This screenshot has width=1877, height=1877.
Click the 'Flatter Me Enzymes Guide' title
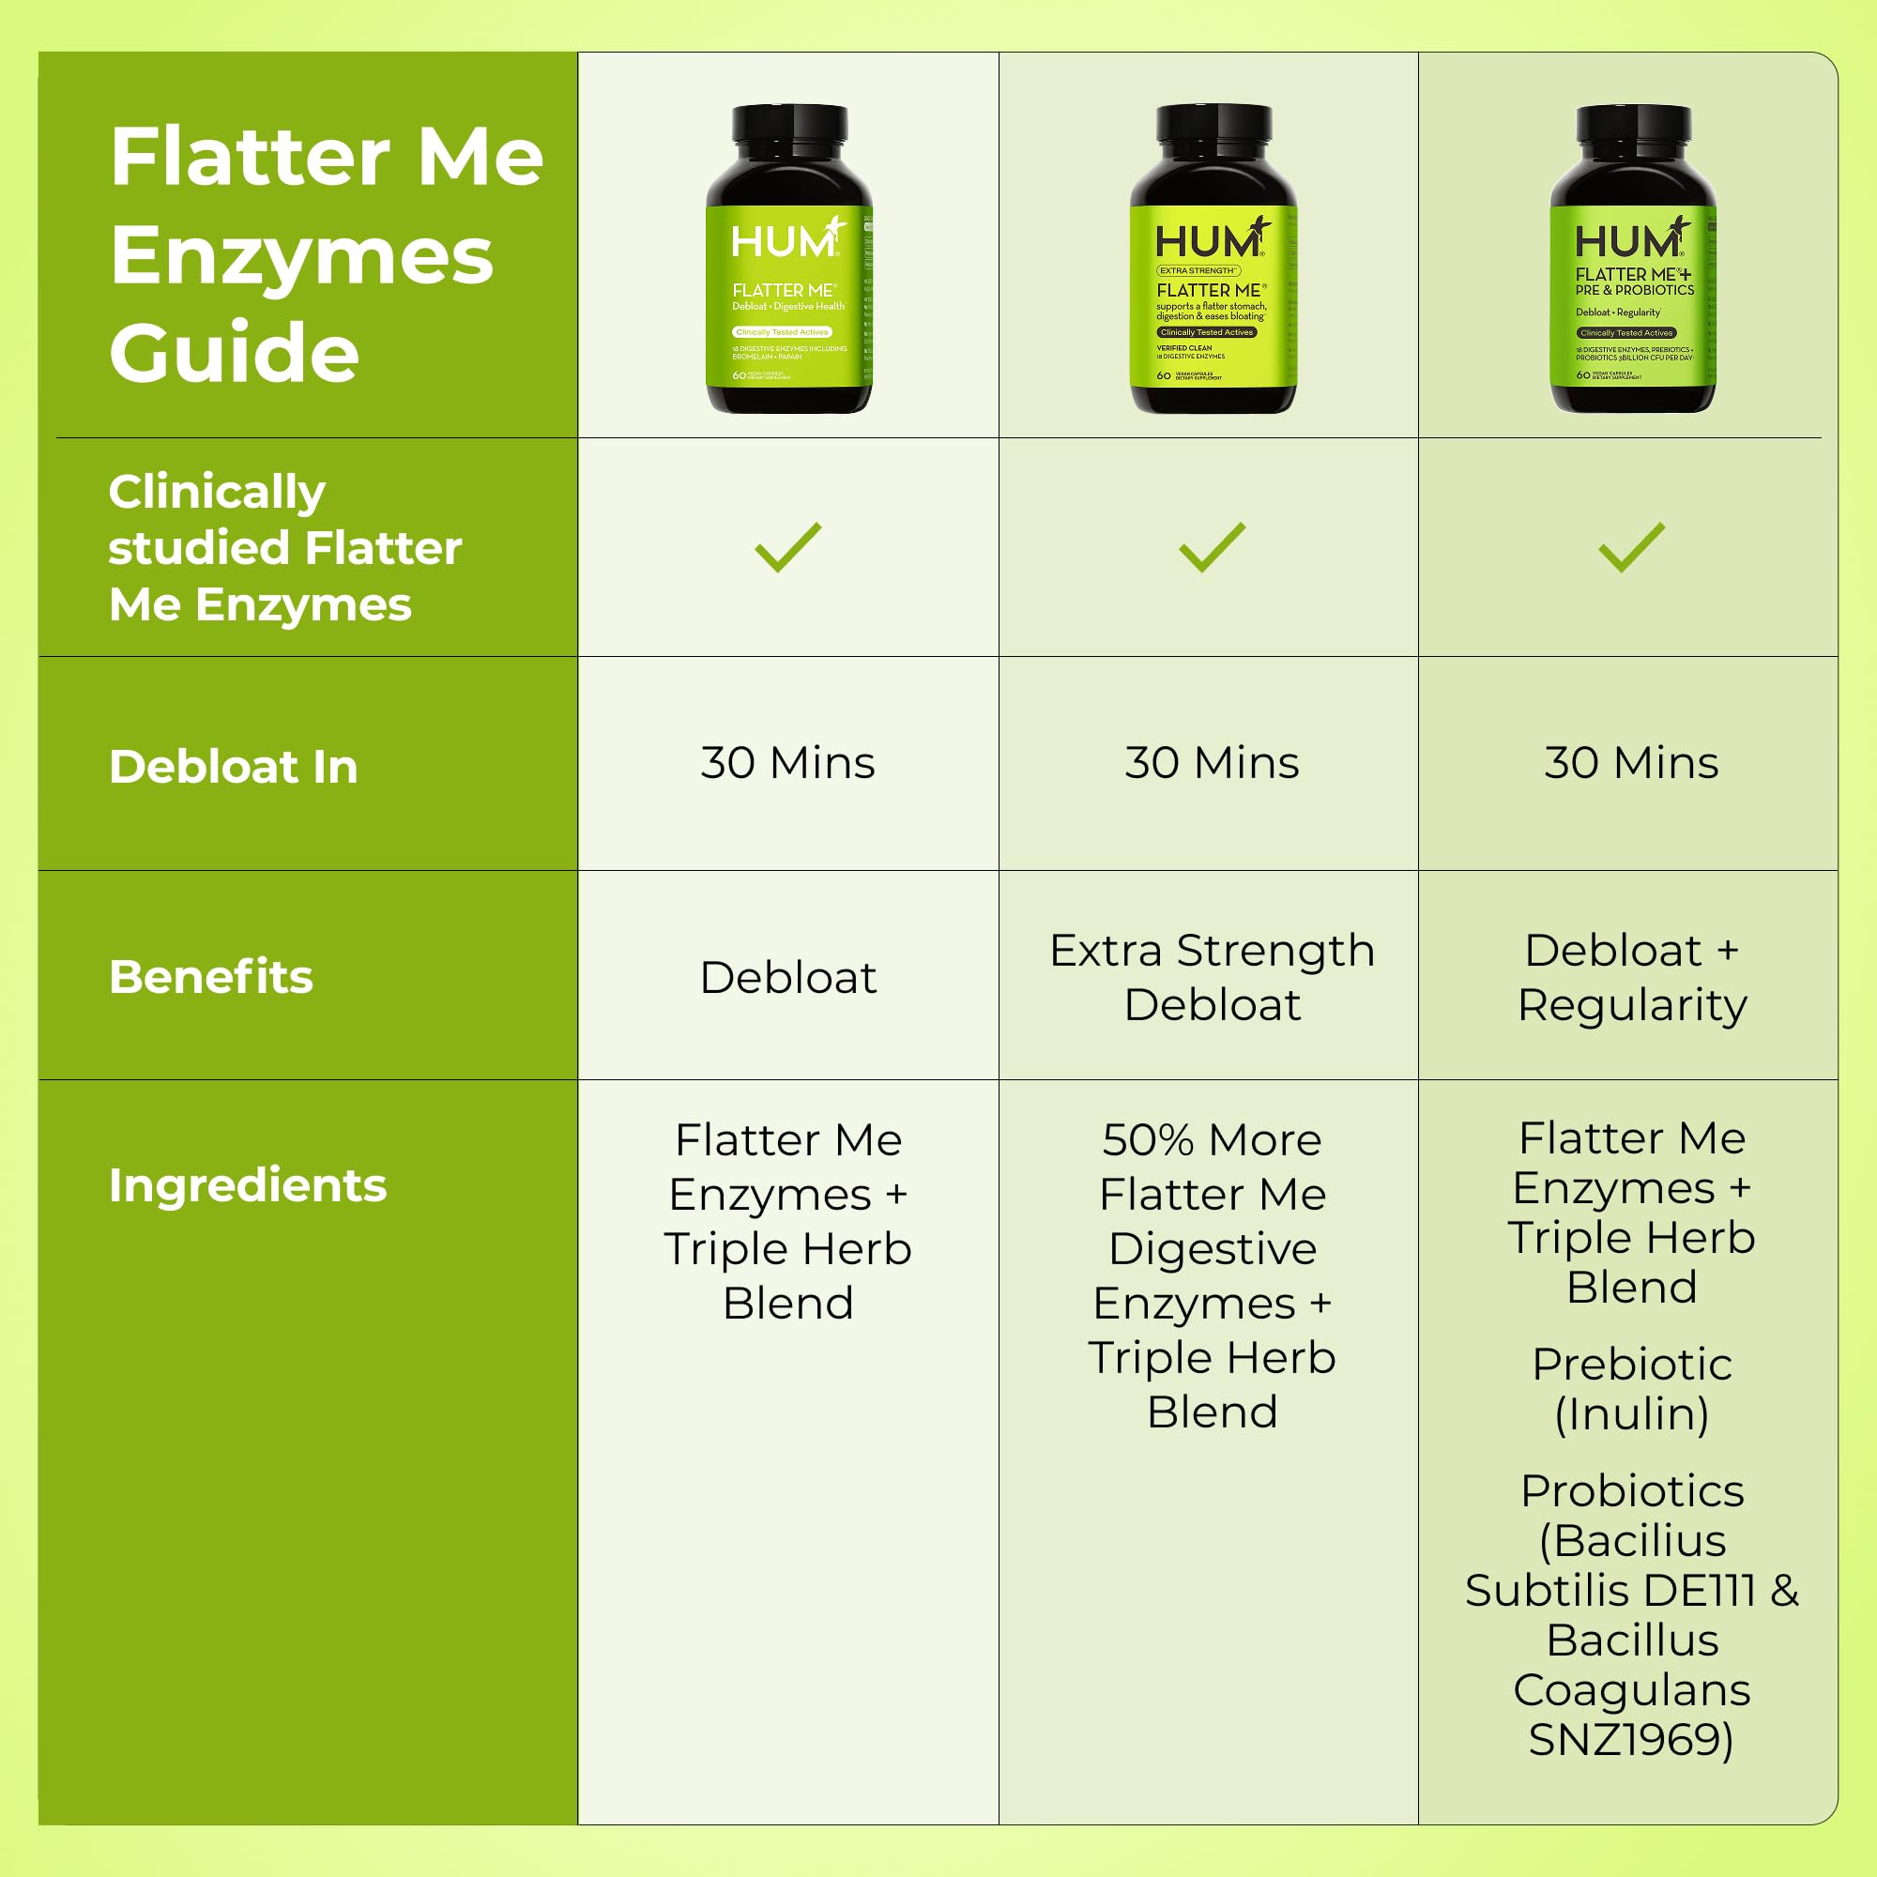click(326, 254)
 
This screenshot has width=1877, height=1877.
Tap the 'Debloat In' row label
click(233, 767)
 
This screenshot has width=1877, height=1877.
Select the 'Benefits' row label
click(211, 976)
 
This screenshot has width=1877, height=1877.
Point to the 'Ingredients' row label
click(248, 1185)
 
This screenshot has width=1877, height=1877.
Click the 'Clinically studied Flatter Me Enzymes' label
click(283, 548)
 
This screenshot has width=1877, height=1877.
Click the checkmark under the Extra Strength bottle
click(1212, 547)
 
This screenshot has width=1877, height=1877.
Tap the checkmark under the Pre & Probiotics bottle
click(1631, 547)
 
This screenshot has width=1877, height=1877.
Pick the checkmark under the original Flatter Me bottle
click(788, 547)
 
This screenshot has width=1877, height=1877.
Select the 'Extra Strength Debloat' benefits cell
click(1212, 977)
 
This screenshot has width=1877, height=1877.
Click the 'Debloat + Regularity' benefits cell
click(1631, 977)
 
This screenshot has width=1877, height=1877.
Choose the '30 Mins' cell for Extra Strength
click(1212, 763)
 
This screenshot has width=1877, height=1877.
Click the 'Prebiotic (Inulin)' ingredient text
click(1631, 1389)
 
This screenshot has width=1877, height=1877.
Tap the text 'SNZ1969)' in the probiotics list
click(1631, 1739)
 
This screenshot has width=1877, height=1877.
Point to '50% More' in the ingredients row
click(1212, 1139)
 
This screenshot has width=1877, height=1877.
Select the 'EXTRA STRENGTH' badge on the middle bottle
click(1197, 271)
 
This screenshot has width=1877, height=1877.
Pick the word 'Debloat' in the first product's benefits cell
click(788, 977)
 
